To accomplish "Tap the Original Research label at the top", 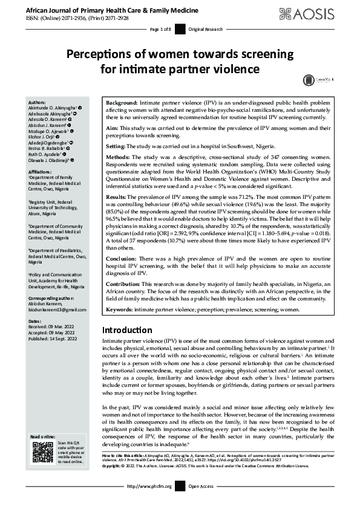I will [x=206, y=29].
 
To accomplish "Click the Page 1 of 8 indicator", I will [x=160, y=29].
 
